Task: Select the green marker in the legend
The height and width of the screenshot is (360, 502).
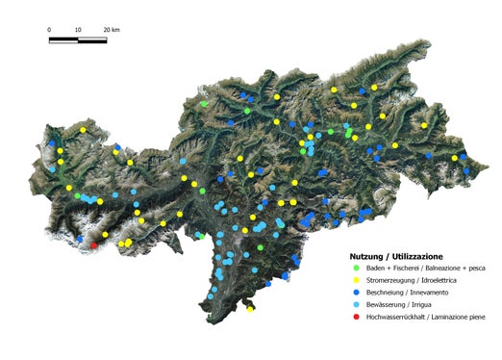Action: tap(357, 268)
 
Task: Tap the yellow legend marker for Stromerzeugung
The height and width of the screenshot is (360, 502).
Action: tap(357, 280)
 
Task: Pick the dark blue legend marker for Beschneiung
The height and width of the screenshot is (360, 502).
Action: tap(357, 292)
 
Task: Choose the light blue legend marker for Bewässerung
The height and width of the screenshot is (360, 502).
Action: tap(357, 304)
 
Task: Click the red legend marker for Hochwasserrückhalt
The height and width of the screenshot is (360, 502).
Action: tap(357, 317)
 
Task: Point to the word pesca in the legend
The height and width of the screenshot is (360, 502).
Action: tap(475, 268)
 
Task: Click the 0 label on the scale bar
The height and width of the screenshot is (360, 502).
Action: tap(49, 30)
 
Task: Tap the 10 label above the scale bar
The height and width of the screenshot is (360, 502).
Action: tap(77, 30)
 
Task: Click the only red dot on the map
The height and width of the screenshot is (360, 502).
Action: tap(94, 246)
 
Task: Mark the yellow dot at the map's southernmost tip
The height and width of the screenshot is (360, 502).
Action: tap(250, 309)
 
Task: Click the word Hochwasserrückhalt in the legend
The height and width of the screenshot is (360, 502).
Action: tap(394, 317)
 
